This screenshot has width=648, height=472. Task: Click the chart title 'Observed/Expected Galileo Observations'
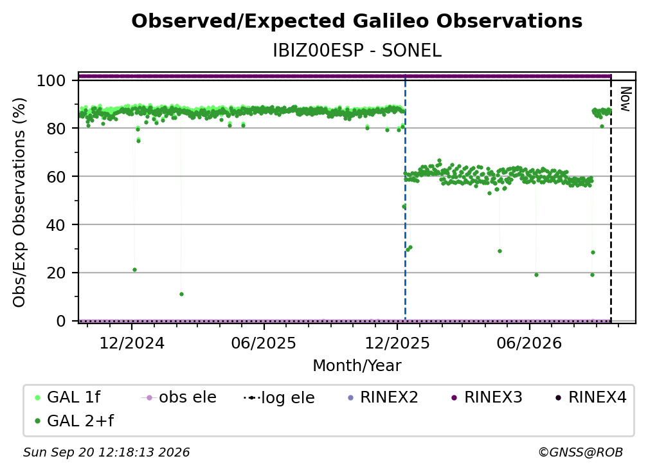pyautogui.click(x=357, y=21)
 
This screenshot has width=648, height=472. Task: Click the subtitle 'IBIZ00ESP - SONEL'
pyautogui.click(x=357, y=51)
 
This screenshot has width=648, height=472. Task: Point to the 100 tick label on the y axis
pyautogui.click(x=51, y=80)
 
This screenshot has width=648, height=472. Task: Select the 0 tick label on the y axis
pyautogui.click(x=61, y=321)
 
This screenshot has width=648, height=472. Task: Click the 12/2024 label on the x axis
pyautogui.click(x=132, y=343)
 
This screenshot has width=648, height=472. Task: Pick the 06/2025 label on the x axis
pyautogui.click(x=264, y=343)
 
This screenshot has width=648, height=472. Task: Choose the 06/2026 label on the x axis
pyautogui.click(x=530, y=343)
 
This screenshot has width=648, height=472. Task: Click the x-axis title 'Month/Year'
pyautogui.click(x=357, y=366)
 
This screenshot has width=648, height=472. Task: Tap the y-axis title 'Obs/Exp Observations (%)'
pyautogui.click(x=19, y=203)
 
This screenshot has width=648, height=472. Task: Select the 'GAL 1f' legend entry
pyautogui.click(x=67, y=397)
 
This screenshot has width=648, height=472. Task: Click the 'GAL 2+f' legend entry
pyautogui.click(x=74, y=421)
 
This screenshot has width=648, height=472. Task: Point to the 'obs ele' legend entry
pyautogui.click(x=179, y=397)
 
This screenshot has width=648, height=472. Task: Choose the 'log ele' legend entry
pyautogui.click(x=280, y=398)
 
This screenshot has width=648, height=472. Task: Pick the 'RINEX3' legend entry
pyautogui.click(x=487, y=397)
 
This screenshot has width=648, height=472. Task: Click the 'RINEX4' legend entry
pyautogui.click(x=591, y=397)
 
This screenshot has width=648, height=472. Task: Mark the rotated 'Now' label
pyautogui.click(x=625, y=99)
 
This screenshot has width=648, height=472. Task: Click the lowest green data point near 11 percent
pyautogui.click(x=181, y=295)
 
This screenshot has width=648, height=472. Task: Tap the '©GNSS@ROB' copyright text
pyautogui.click(x=580, y=453)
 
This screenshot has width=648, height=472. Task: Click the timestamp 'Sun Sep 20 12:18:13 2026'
pyautogui.click(x=106, y=453)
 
